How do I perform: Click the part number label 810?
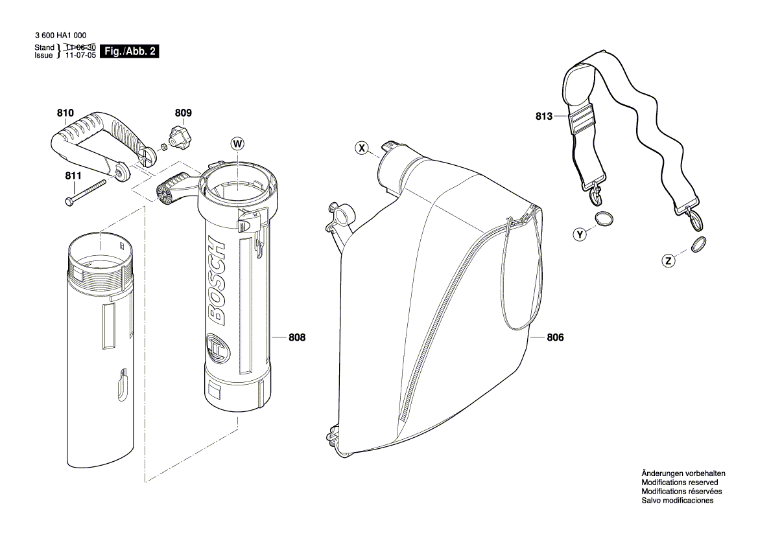(x=65, y=113)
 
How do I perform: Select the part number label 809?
(x=184, y=113)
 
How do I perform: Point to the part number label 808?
(x=297, y=337)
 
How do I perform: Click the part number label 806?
(x=556, y=337)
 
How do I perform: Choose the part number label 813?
(x=543, y=117)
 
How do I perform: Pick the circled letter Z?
(x=668, y=262)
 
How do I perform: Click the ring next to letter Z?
(x=698, y=245)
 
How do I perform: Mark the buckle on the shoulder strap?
(x=583, y=121)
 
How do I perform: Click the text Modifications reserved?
(x=679, y=483)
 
